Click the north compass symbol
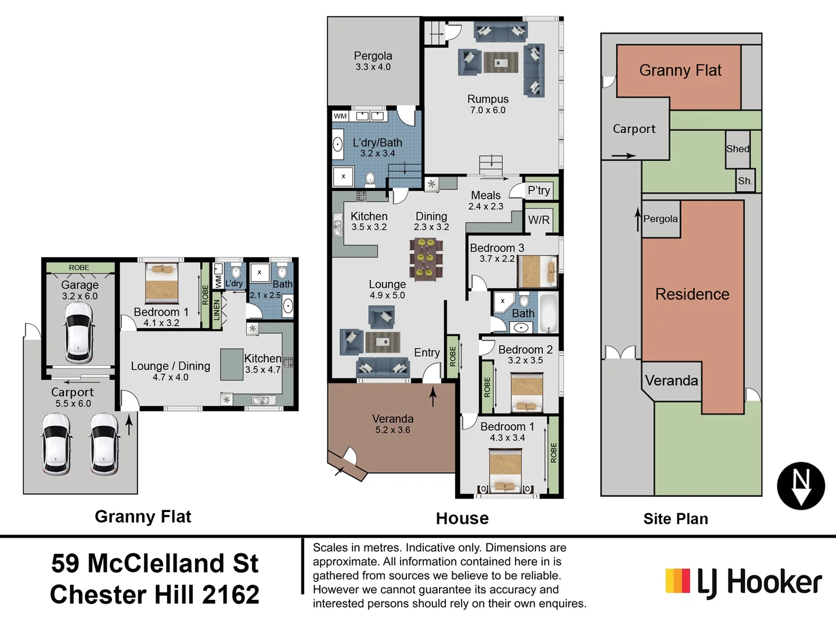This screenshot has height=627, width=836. click(x=801, y=486)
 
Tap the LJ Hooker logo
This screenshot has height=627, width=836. click(x=744, y=582)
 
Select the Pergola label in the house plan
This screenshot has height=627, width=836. click(x=373, y=56)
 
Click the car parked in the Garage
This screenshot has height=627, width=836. click(x=79, y=333)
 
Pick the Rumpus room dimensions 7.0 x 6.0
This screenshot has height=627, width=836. click(x=488, y=110)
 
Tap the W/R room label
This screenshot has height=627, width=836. click(x=538, y=220)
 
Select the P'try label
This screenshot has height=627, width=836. click(x=538, y=190)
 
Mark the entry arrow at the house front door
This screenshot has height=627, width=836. click(x=433, y=397)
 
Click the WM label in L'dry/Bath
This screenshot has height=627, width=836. click(x=340, y=116)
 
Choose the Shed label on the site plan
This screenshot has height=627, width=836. click(x=737, y=149)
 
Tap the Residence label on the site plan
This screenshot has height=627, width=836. click(x=692, y=294)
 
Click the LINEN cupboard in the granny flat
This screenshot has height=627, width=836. click(x=217, y=310)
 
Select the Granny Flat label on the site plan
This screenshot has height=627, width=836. click(x=680, y=70)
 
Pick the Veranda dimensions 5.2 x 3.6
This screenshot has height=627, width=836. click(x=392, y=430)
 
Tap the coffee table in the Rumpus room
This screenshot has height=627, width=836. click(x=500, y=62)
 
